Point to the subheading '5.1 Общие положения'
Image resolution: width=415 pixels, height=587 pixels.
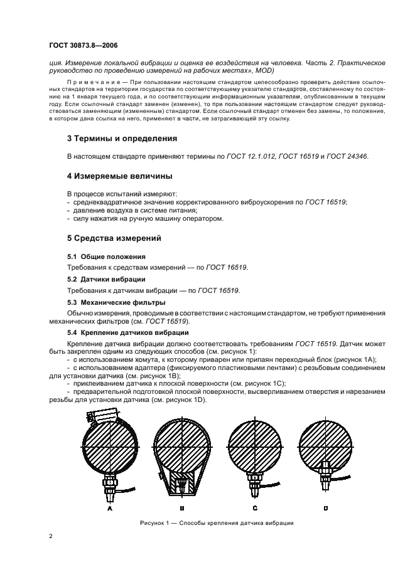[106, 256]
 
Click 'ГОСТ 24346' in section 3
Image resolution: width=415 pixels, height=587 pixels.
[347, 156]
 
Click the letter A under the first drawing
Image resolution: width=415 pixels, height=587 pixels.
[110, 509]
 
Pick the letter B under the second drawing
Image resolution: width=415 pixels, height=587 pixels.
[181, 509]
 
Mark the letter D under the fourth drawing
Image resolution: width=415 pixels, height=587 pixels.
[325, 509]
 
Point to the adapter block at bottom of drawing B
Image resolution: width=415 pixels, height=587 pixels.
[181, 484]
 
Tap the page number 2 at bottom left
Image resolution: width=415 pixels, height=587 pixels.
[51, 536]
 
